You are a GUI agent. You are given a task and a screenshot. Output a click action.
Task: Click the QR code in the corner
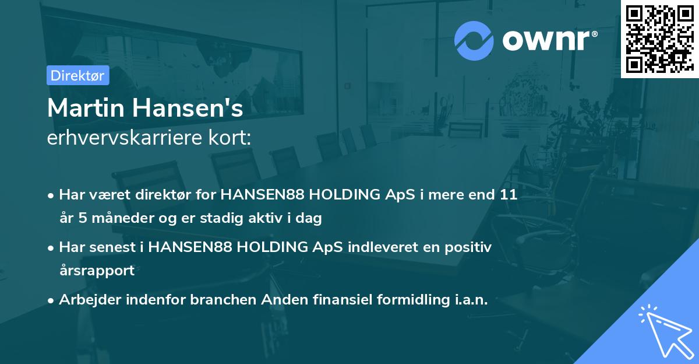click(659, 39)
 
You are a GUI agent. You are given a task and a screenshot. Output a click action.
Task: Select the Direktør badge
click(78, 75)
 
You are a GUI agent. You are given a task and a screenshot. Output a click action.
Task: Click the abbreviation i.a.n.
click(469, 299)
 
